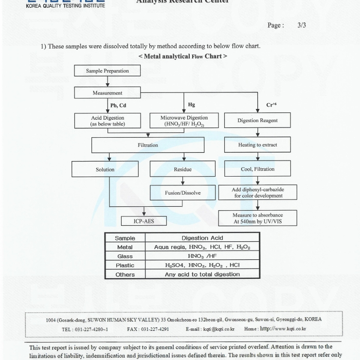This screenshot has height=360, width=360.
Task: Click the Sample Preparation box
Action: tap(108, 71)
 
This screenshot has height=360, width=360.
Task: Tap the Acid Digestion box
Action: tap(108, 121)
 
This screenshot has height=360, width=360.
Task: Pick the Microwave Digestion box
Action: tap(184, 121)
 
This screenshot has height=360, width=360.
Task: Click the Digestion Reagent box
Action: tap(257, 121)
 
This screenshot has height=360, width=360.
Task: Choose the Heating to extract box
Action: tap(257, 145)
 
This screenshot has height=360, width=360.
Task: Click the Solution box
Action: tap(105, 169)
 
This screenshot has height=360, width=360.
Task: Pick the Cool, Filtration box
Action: tap(257, 169)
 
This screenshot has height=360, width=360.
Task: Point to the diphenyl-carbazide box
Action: tap(257, 192)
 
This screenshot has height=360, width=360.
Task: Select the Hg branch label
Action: tap(191, 105)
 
